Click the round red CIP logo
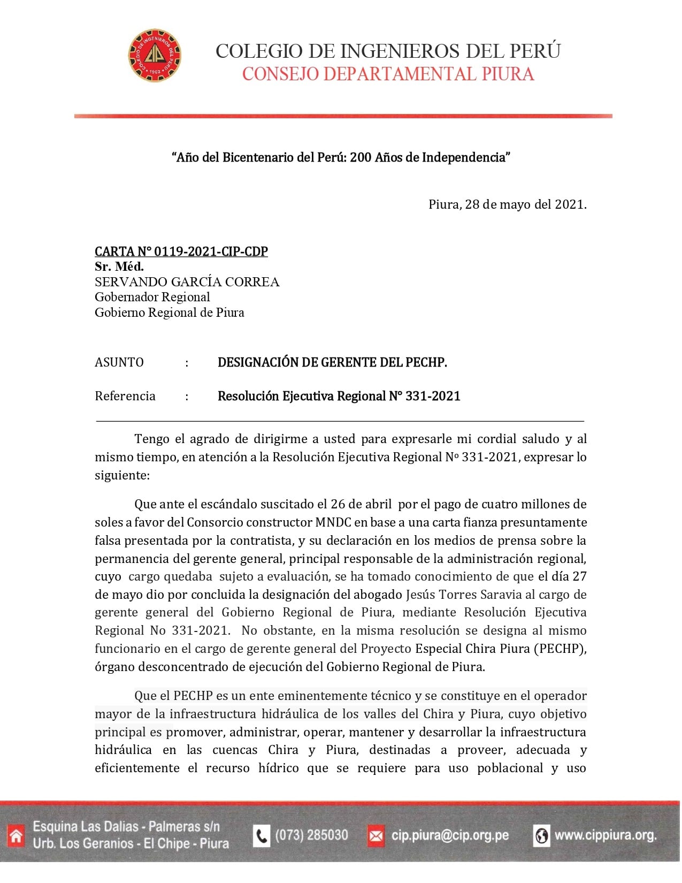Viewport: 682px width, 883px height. coord(155,56)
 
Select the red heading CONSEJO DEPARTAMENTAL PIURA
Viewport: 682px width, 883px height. coord(388,74)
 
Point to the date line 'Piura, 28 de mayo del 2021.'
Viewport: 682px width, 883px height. coord(507,204)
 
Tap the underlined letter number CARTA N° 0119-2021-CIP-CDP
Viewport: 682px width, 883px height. coord(181,252)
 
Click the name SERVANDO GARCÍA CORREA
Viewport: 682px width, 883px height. coord(187,282)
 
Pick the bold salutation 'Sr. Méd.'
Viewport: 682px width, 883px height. coord(119,267)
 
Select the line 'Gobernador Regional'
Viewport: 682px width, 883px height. coord(152,297)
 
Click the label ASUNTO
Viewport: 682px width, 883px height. coord(119,362)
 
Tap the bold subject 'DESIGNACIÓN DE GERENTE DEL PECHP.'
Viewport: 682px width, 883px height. coord(332,362)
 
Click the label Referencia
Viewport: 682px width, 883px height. coord(125,396)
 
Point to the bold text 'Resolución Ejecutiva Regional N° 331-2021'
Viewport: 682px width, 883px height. coord(339,396)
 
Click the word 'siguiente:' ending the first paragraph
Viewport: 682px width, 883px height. coord(122,475)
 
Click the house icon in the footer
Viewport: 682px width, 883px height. coord(16,835)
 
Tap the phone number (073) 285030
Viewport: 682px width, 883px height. coord(311,835)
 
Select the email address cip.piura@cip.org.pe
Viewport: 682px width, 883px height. coord(450,835)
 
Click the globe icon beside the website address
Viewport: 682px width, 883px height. coord(541,835)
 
